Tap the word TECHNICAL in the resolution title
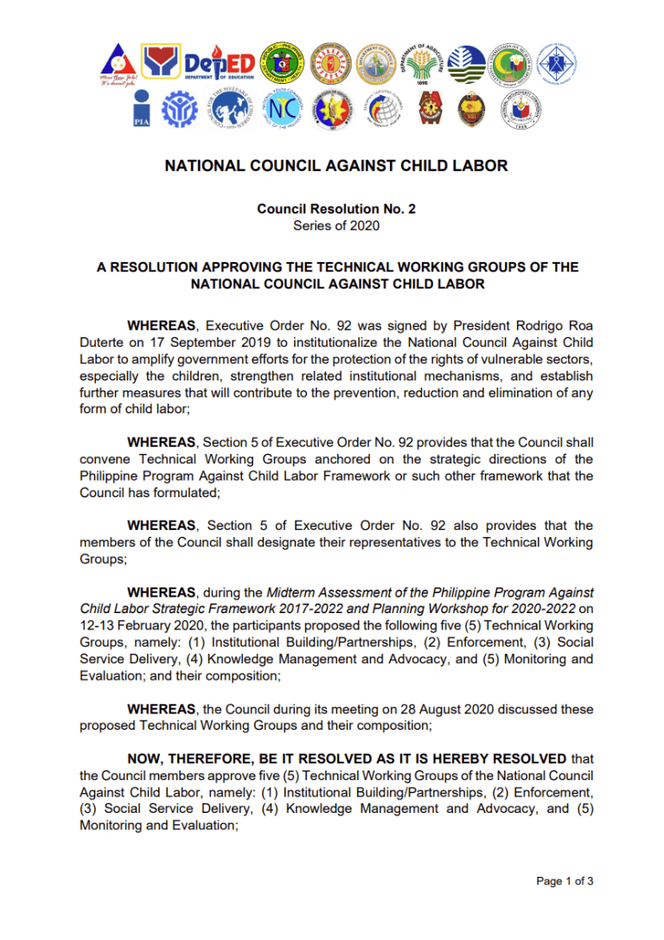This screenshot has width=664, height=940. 373,266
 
